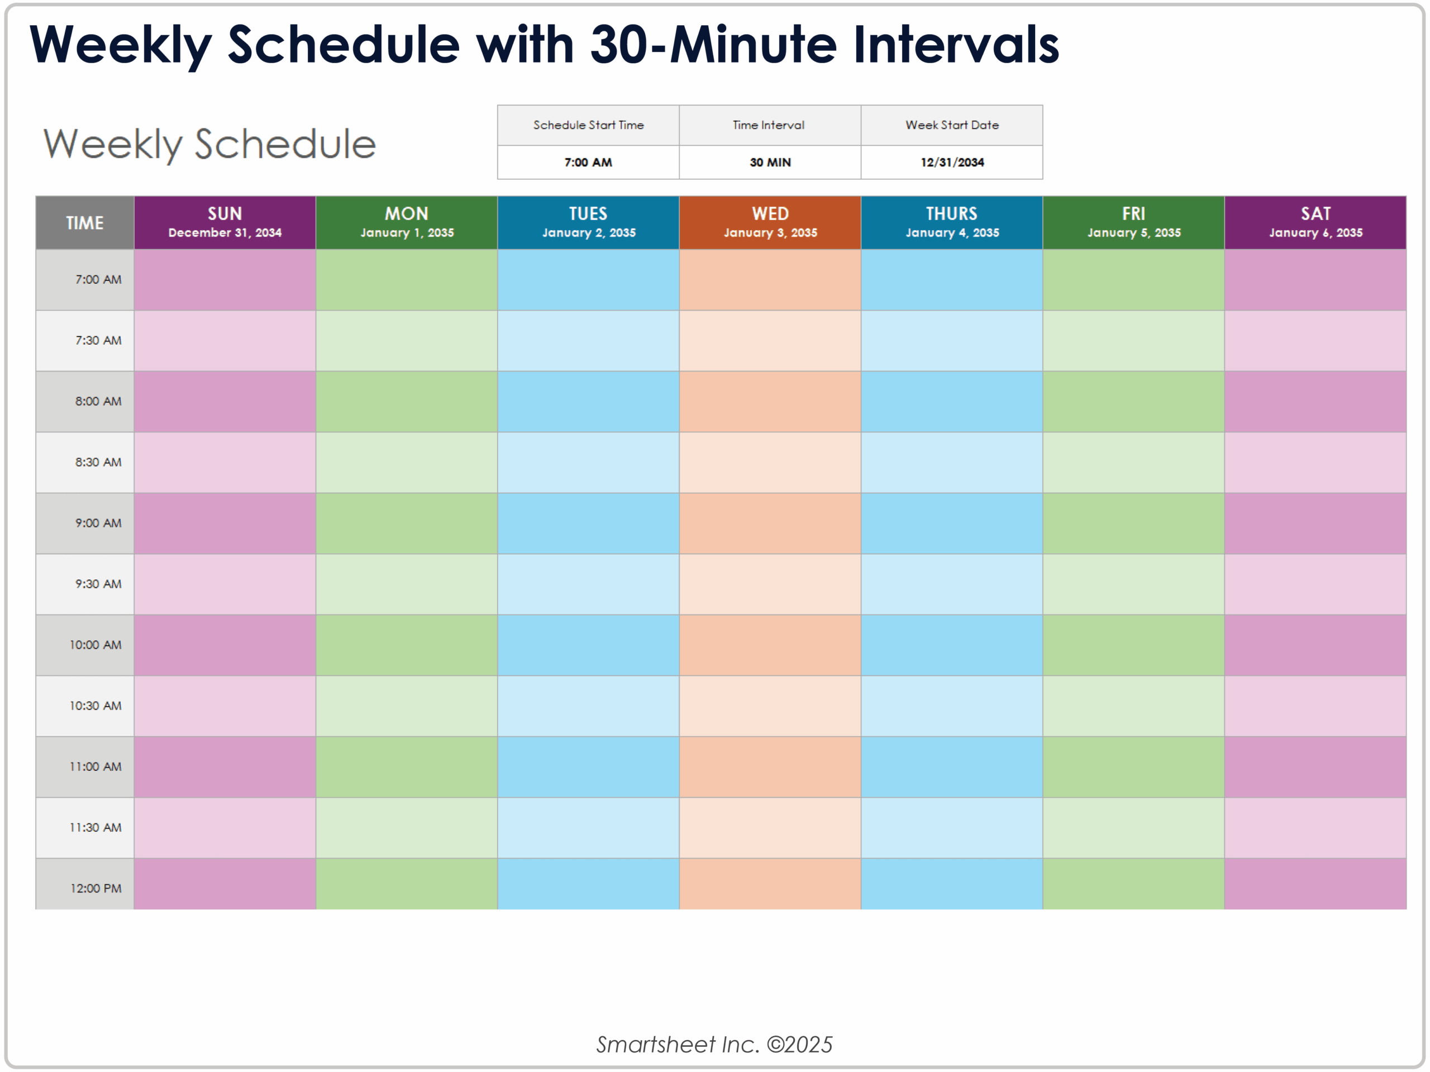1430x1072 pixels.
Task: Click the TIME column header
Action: tap(85, 223)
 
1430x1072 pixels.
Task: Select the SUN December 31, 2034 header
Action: tap(225, 222)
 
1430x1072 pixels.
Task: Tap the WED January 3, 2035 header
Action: tap(770, 222)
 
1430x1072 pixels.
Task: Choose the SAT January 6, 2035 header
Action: tap(1315, 222)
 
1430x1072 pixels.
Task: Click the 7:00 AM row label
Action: tap(98, 280)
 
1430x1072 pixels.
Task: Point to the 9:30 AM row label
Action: tap(98, 584)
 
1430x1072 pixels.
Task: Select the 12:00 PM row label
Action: tap(96, 888)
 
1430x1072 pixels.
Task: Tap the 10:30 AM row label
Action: tap(95, 706)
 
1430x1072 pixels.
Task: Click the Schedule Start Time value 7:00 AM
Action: tap(588, 163)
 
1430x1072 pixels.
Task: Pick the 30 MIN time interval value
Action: tap(770, 163)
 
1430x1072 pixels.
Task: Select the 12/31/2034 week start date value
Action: tap(952, 163)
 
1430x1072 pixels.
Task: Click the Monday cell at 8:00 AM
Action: tap(407, 402)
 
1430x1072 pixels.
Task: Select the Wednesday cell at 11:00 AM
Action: tap(770, 767)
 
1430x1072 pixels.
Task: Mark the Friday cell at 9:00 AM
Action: tap(1133, 523)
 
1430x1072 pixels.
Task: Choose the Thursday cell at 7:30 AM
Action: tap(952, 341)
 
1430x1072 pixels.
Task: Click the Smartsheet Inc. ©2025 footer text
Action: tap(714, 1044)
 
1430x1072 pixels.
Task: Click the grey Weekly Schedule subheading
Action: tap(209, 144)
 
